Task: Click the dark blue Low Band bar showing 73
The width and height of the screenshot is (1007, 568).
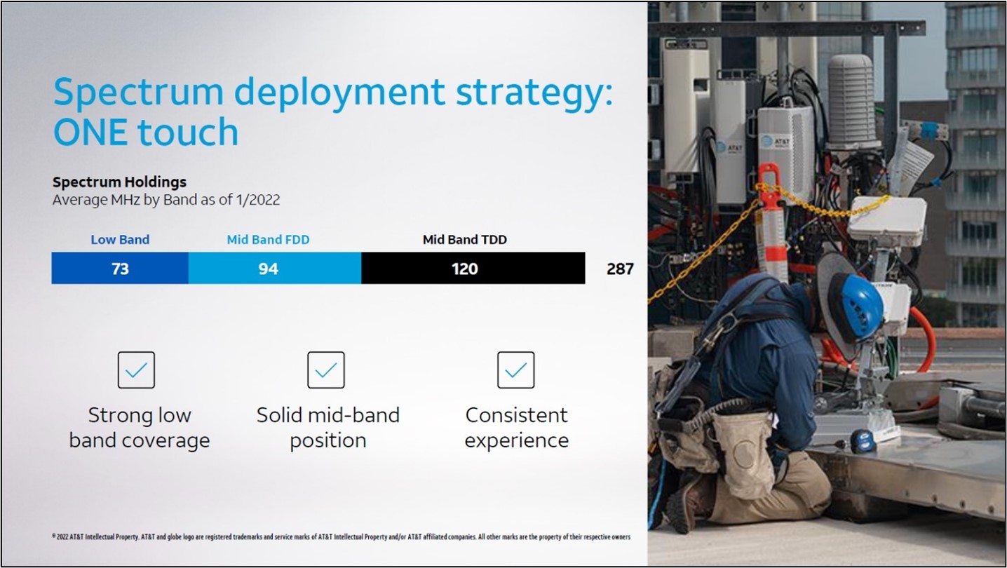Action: pos(120,269)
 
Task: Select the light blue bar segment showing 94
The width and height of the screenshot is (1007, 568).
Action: pos(275,269)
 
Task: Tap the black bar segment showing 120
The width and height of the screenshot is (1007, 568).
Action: pos(473,269)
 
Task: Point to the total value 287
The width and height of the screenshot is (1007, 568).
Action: pos(620,269)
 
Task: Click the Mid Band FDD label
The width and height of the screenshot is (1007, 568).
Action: pos(268,240)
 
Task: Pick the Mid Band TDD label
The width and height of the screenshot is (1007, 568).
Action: pos(465,240)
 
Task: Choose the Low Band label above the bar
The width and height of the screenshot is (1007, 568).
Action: pos(120,240)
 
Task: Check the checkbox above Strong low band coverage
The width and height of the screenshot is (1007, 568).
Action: pos(136,370)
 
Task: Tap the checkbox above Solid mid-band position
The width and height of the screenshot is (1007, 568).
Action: pos(326,370)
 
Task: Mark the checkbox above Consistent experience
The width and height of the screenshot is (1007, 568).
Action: pos(515,370)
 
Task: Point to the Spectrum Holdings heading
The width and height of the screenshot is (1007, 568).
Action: pos(120,182)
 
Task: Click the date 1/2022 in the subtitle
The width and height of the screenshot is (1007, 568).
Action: pos(256,200)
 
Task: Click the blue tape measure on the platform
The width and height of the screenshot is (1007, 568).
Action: pos(863,441)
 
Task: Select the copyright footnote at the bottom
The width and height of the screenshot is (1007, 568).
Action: pos(342,536)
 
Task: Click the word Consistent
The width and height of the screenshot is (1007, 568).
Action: pos(517,415)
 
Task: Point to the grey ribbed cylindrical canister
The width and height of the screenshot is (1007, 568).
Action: pos(851,101)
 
